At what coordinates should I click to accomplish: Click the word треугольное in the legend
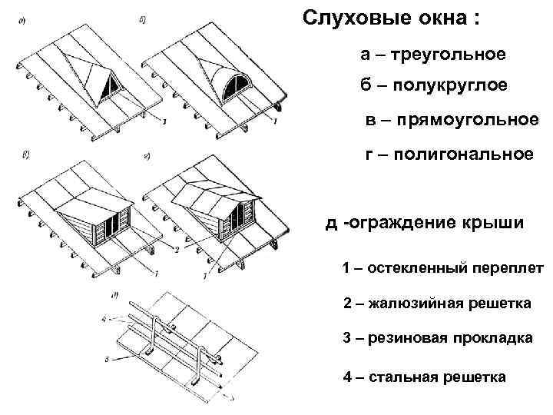coord(449,55)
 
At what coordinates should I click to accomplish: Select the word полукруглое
coord(450,85)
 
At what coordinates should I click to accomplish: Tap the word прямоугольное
coord(468,120)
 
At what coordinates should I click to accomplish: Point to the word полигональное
coord(463,154)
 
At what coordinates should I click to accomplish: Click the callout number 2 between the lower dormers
coord(177,249)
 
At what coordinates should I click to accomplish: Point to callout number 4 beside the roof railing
coord(104,320)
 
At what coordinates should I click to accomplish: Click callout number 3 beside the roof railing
coord(107,360)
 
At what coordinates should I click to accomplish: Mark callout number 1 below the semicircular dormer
coord(275,121)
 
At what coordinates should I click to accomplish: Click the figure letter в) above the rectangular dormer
coord(25,154)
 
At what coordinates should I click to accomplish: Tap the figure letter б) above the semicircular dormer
coord(143,20)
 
